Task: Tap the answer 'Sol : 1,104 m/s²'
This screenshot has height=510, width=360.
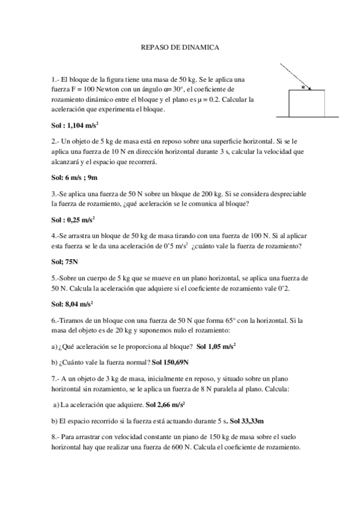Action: [75, 126]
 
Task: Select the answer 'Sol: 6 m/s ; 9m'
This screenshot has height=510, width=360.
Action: [75, 178]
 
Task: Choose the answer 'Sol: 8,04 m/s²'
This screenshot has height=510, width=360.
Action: [73, 304]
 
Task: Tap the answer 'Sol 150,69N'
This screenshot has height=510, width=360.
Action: [170, 362]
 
